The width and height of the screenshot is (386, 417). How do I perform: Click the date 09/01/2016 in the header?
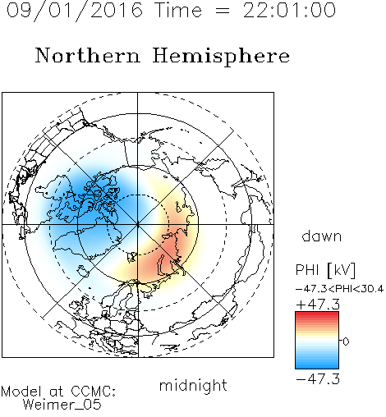[75, 11]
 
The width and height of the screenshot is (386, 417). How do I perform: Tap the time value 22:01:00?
[289, 10]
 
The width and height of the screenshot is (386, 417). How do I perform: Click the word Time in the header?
[178, 10]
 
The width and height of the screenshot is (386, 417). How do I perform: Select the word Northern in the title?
[88, 55]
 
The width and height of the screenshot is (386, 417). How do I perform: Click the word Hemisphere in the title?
[221, 56]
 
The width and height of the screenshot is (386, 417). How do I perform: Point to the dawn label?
[322, 236]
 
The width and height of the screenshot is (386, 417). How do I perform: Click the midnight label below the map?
[193, 385]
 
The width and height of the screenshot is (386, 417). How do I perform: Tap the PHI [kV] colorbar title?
[325, 270]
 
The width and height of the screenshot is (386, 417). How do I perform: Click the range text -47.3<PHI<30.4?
[339, 289]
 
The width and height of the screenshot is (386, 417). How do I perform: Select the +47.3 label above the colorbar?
[318, 305]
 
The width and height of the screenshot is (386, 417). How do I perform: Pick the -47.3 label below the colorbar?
[318, 379]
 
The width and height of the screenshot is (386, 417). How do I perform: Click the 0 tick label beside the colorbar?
[346, 341]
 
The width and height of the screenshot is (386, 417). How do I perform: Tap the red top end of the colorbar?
[317, 314]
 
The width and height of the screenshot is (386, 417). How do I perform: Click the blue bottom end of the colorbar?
[317, 366]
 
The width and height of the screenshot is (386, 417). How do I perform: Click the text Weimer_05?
[62, 404]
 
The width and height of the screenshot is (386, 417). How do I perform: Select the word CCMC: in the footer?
[94, 392]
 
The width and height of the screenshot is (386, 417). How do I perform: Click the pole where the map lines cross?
[137, 224]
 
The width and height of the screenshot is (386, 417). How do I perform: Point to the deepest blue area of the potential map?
[88, 199]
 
